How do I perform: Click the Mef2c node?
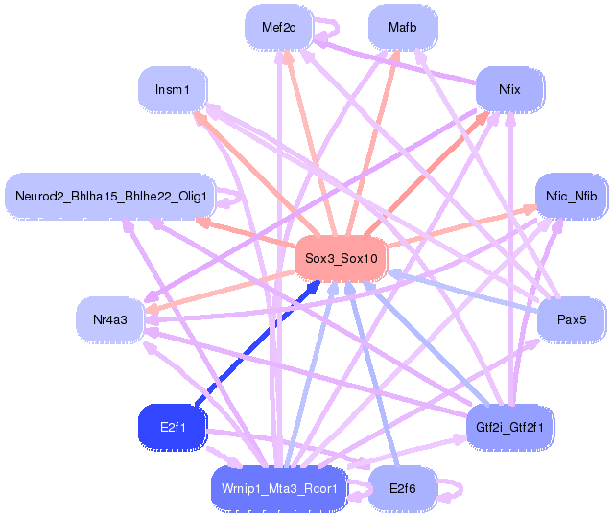coord(278,28)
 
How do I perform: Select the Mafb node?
coord(402,28)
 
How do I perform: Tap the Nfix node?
coord(509,90)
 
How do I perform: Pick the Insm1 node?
coord(173,90)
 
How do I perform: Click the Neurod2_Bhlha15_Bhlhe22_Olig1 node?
coord(110,197)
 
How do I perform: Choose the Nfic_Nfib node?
coord(571,197)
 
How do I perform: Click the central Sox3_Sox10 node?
coord(341,258)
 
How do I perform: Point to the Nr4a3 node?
coord(110,318)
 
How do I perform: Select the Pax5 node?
coord(571,318)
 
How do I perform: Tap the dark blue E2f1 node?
coord(173,426)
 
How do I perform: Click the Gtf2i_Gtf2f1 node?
coord(509,426)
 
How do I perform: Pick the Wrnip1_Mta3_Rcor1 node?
coord(278,488)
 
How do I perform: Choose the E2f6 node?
coord(402,488)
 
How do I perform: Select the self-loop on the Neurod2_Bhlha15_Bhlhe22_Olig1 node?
coord(232,198)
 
